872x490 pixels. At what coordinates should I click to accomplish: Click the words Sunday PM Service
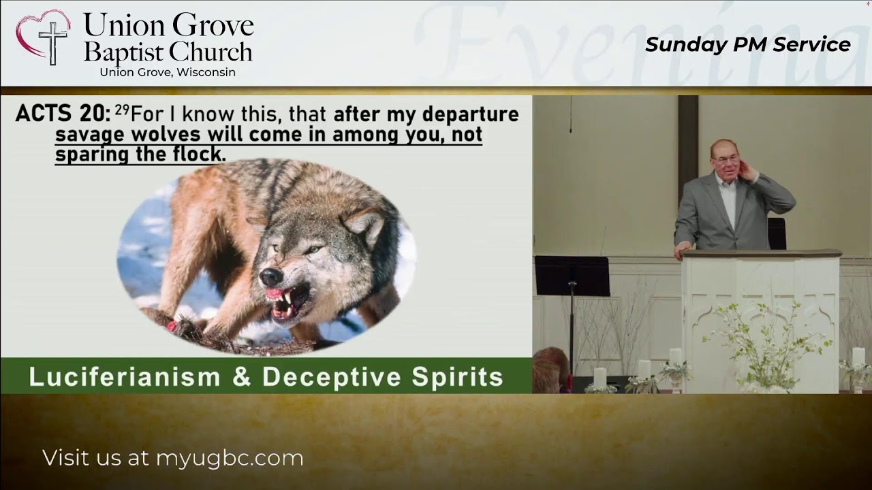[x=747, y=44]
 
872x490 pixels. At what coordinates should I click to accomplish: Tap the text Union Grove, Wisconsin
[x=168, y=72]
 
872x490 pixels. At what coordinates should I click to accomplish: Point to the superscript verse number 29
[x=122, y=109]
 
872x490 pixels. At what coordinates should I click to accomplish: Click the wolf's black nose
[x=270, y=276]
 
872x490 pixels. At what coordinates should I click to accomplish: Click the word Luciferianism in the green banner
[x=125, y=377]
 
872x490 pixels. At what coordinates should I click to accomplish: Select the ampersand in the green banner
[x=241, y=377]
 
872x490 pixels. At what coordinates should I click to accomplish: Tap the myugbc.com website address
[x=230, y=458]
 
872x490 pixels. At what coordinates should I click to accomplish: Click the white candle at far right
[x=858, y=358]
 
